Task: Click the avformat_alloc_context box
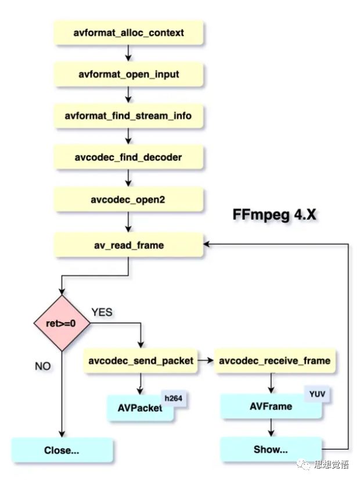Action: coord(128,33)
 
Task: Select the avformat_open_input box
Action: coord(128,74)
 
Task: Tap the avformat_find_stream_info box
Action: coord(128,116)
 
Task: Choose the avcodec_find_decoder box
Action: coord(128,157)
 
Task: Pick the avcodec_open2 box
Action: coord(128,199)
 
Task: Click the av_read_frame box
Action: coord(128,245)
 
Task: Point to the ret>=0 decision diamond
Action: coord(60,323)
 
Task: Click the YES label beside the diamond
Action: coord(102,312)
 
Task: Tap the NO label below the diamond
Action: coord(43,366)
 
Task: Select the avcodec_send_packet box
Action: coord(141,360)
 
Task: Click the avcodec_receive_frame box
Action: coord(275,360)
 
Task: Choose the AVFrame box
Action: coord(271,406)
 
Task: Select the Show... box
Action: coord(271,449)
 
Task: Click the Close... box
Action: coord(62,450)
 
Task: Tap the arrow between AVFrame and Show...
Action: coord(271,428)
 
